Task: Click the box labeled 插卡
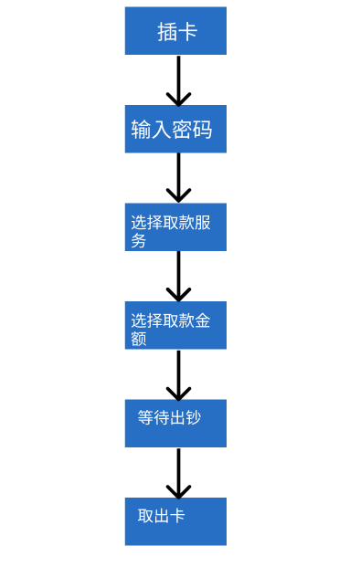pyautogui.click(x=175, y=31)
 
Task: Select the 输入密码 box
pyautogui.click(x=175, y=129)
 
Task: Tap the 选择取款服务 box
pyautogui.click(x=175, y=227)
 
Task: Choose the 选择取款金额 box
pyautogui.click(x=175, y=325)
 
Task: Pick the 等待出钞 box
pyautogui.click(x=175, y=423)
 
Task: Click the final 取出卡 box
pyautogui.click(x=175, y=521)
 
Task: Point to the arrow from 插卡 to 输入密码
pyautogui.click(x=178, y=79)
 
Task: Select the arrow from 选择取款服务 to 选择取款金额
pyautogui.click(x=178, y=275)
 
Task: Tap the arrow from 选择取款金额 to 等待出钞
pyautogui.click(x=178, y=373)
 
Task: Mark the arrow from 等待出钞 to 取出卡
pyautogui.click(x=178, y=471)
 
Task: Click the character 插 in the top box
pyautogui.click(x=167, y=32)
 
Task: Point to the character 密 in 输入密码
pyautogui.click(x=183, y=130)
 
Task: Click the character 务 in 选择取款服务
pyautogui.click(x=138, y=241)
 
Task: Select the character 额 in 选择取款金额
pyautogui.click(x=138, y=339)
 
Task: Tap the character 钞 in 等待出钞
pyautogui.click(x=193, y=417)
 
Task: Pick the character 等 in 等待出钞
pyautogui.click(x=145, y=417)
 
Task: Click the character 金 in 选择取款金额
pyautogui.click(x=203, y=320)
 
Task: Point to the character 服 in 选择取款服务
pyautogui.click(x=203, y=223)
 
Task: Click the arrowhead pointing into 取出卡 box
pyautogui.click(x=178, y=491)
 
